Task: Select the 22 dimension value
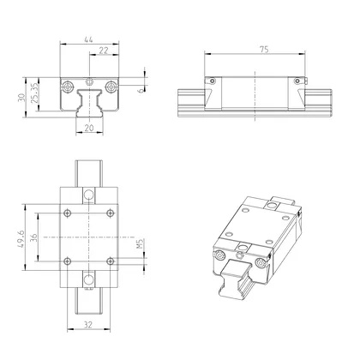[103, 51]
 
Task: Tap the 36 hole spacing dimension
[33, 237]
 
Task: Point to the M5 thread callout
[139, 250]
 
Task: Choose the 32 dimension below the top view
[89, 326]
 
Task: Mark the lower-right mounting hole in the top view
[108, 260]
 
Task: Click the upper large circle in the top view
[88, 195]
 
